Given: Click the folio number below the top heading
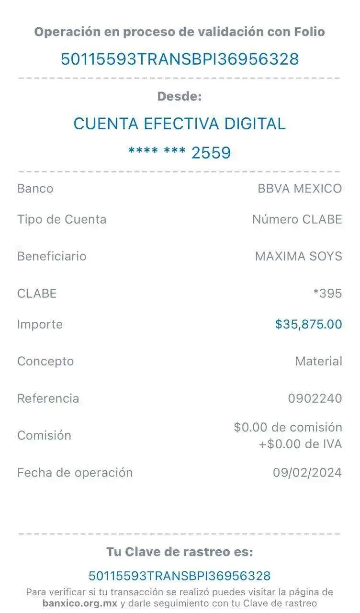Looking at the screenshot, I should click(x=180, y=59).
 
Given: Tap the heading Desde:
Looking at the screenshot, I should click(x=180, y=96).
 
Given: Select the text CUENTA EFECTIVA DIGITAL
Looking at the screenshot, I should click(x=180, y=124).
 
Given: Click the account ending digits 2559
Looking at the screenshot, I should click(x=211, y=153).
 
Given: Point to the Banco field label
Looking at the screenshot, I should click(x=35, y=188).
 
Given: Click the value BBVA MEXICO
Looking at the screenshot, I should click(x=300, y=188).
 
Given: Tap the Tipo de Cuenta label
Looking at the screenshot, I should click(x=62, y=219).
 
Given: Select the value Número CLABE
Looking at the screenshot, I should click(x=298, y=219).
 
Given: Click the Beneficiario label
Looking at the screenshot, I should click(x=52, y=256).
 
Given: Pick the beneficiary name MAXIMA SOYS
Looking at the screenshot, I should click(x=299, y=256).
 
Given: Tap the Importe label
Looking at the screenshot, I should click(x=40, y=324).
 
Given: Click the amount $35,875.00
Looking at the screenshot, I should click(x=309, y=324).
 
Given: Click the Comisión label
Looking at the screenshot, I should click(x=45, y=435).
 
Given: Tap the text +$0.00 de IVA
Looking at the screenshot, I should click(x=301, y=444).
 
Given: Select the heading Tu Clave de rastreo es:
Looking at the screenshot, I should click(x=180, y=552).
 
